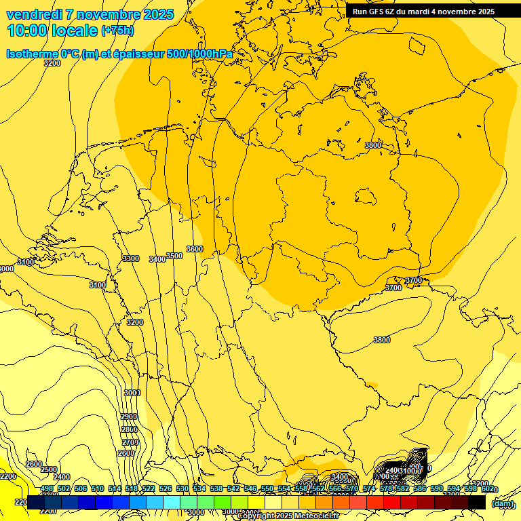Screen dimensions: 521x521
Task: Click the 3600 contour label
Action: [x=195, y=249]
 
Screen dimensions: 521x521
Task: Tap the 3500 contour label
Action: [x=174, y=256]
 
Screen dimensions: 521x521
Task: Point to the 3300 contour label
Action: [x=131, y=258]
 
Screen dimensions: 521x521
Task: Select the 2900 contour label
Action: [x=129, y=417]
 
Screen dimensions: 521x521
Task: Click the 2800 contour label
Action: [x=129, y=429]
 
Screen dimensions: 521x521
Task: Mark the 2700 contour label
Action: [x=130, y=442]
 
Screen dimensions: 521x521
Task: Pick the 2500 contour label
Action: [x=49, y=469]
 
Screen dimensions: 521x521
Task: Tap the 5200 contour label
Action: [x=480, y=484]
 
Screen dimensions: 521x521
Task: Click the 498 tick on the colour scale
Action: [x=47, y=489]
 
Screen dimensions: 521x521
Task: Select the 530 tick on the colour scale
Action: [x=182, y=489]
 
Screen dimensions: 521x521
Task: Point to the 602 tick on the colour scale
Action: [x=487, y=489]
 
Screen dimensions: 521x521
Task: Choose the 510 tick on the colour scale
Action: [x=98, y=489]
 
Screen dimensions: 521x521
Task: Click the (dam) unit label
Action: [x=502, y=503]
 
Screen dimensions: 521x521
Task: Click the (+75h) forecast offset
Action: [x=117, y=31]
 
